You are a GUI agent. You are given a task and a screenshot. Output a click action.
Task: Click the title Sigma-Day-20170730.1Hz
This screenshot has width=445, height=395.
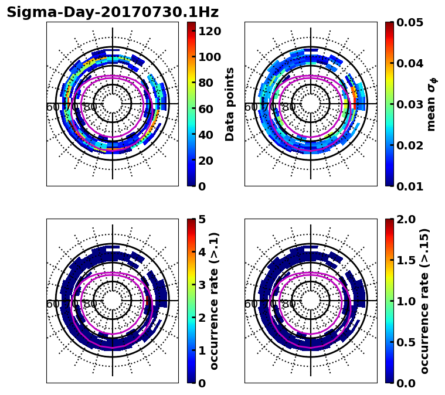[112, 12]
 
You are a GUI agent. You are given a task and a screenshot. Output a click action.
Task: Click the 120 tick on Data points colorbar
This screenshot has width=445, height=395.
[210, 31]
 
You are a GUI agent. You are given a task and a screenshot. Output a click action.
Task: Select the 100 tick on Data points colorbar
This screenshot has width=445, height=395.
[210, 57]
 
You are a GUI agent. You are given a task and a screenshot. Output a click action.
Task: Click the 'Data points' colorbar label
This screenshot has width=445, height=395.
[230, 104]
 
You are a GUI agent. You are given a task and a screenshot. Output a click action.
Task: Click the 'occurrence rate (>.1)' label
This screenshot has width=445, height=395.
[214, 301]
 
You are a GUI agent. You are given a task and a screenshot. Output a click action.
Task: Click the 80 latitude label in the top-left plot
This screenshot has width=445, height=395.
[90, 107]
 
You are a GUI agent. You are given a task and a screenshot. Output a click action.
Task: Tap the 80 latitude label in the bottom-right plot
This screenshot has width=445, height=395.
[288, 304]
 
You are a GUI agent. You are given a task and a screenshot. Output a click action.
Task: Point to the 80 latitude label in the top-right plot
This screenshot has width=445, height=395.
[288, 107]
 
